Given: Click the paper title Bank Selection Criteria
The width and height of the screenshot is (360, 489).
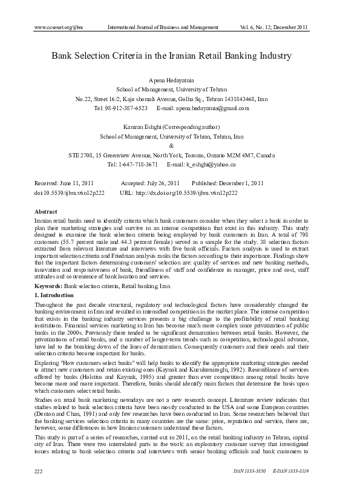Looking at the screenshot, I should pos(171,56).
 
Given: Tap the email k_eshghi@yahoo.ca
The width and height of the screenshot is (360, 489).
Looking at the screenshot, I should pos(210,164).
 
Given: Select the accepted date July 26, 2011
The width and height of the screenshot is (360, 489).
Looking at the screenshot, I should pos(160,183).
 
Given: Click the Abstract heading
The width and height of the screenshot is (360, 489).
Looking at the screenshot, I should pos(47,212).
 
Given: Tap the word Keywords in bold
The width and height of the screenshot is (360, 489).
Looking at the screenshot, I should pos(48,284).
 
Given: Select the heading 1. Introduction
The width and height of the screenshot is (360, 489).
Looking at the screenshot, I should pos(55,294).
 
